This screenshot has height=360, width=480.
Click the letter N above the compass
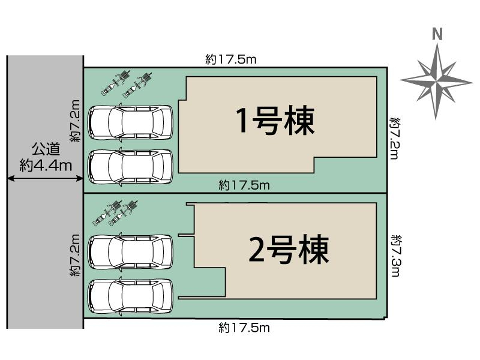pos(437,34)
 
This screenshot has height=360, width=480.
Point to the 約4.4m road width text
pos(45,164)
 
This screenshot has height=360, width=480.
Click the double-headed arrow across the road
pos(45,178)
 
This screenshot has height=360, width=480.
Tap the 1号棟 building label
pos(275,122)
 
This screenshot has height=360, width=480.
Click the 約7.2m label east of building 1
pos(394,138)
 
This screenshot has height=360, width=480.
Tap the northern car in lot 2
pos(130,251)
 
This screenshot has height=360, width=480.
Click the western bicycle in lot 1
pos(115,83)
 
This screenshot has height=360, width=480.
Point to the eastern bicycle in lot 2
pos(123,214)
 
